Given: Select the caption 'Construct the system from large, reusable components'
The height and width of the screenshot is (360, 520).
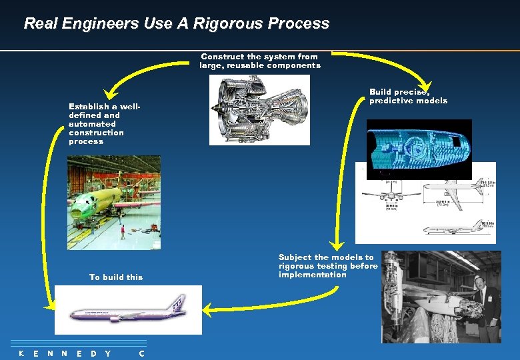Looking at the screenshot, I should (260, 61).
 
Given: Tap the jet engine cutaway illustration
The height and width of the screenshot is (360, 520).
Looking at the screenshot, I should (260, 110).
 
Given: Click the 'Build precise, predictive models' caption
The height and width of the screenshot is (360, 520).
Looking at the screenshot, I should (408, 97).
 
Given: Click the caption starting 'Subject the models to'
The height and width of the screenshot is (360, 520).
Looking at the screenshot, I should (327, 266).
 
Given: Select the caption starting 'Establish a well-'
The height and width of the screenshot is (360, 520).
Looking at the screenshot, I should (104, 123).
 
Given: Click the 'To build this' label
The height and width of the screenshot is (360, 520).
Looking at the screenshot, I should (116, 277).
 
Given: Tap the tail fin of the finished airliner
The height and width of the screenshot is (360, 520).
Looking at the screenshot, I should (177, 303).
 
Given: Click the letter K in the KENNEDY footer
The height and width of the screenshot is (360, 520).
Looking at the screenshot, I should (21, 353).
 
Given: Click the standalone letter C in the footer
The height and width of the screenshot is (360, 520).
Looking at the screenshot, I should (141, 353).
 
